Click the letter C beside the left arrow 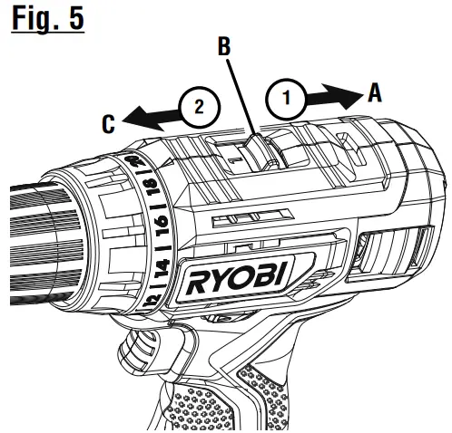pos(107,122)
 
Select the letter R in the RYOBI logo pos(200,283)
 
